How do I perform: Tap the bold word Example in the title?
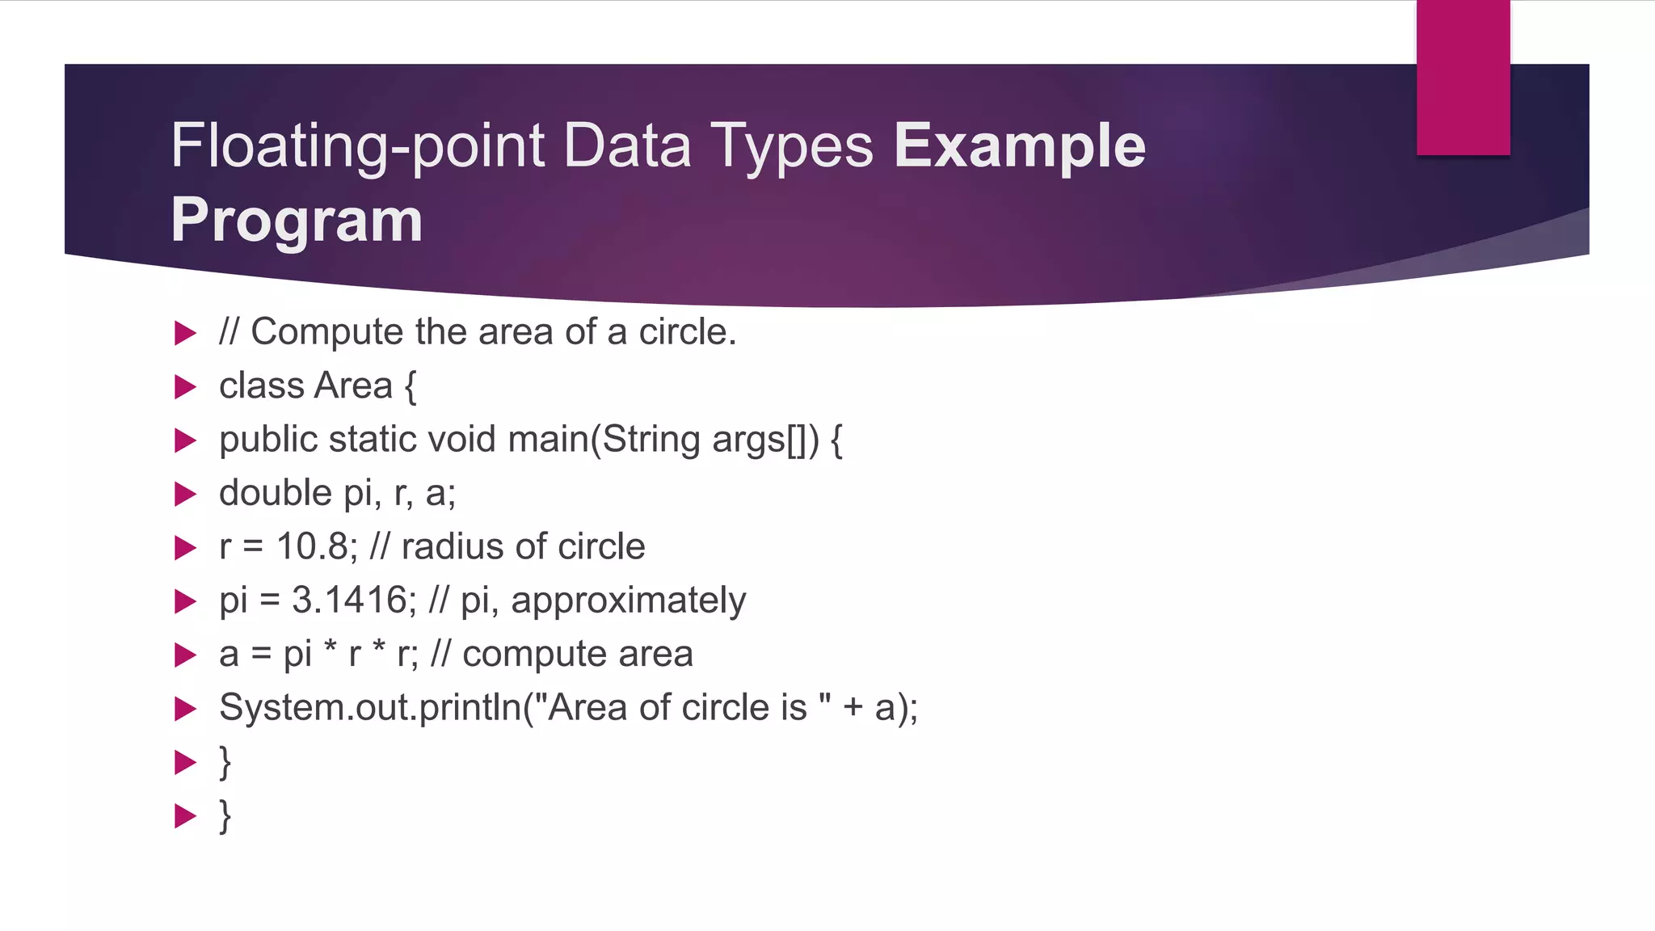[x=1019, y=145]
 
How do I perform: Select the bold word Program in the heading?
[x=297, y=220]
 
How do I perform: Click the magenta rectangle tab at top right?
[x=1463, y=77]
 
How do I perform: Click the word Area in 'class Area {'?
[x=353, y=385]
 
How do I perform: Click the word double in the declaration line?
[x=276, y=493]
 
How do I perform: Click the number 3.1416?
[x=351, y=600]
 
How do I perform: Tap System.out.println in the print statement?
[x=370, y=708]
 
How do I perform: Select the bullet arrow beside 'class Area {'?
[x=186, y=386]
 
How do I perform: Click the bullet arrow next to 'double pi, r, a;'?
[x=186, y=494]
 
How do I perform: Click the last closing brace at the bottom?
[x=225, y=815]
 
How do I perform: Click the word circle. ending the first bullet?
[x=687, y=332]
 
